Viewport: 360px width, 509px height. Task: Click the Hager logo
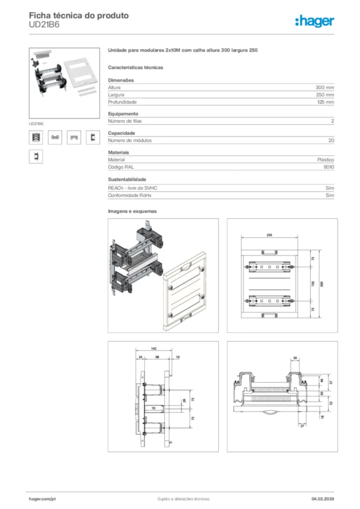tap(315, 20)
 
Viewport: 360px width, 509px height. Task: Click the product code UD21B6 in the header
tap(44, 24)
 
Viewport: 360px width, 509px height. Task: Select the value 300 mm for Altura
tap(325, 87)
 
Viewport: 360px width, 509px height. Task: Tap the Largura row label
tap(116, 94)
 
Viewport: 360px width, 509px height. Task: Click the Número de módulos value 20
tap(331, 141)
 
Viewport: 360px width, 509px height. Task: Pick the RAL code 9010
tap(329, 168)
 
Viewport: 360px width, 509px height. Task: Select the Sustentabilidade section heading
tap(127, 179)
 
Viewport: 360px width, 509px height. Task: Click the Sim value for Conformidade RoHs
tap(330, 196)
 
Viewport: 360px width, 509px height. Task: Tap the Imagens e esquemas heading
tap(132, 211)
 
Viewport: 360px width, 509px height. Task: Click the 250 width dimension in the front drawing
tap(269, 235)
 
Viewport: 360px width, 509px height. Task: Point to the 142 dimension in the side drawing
tap(154, 349)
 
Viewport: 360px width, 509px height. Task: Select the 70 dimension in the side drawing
tap(153, 408)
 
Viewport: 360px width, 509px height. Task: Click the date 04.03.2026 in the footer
tap(323, 499)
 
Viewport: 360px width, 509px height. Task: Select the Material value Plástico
tap(326, 160)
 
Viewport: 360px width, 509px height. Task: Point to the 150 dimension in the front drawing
tap(313, 283)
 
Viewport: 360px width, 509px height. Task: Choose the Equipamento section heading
tap(123, 114)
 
